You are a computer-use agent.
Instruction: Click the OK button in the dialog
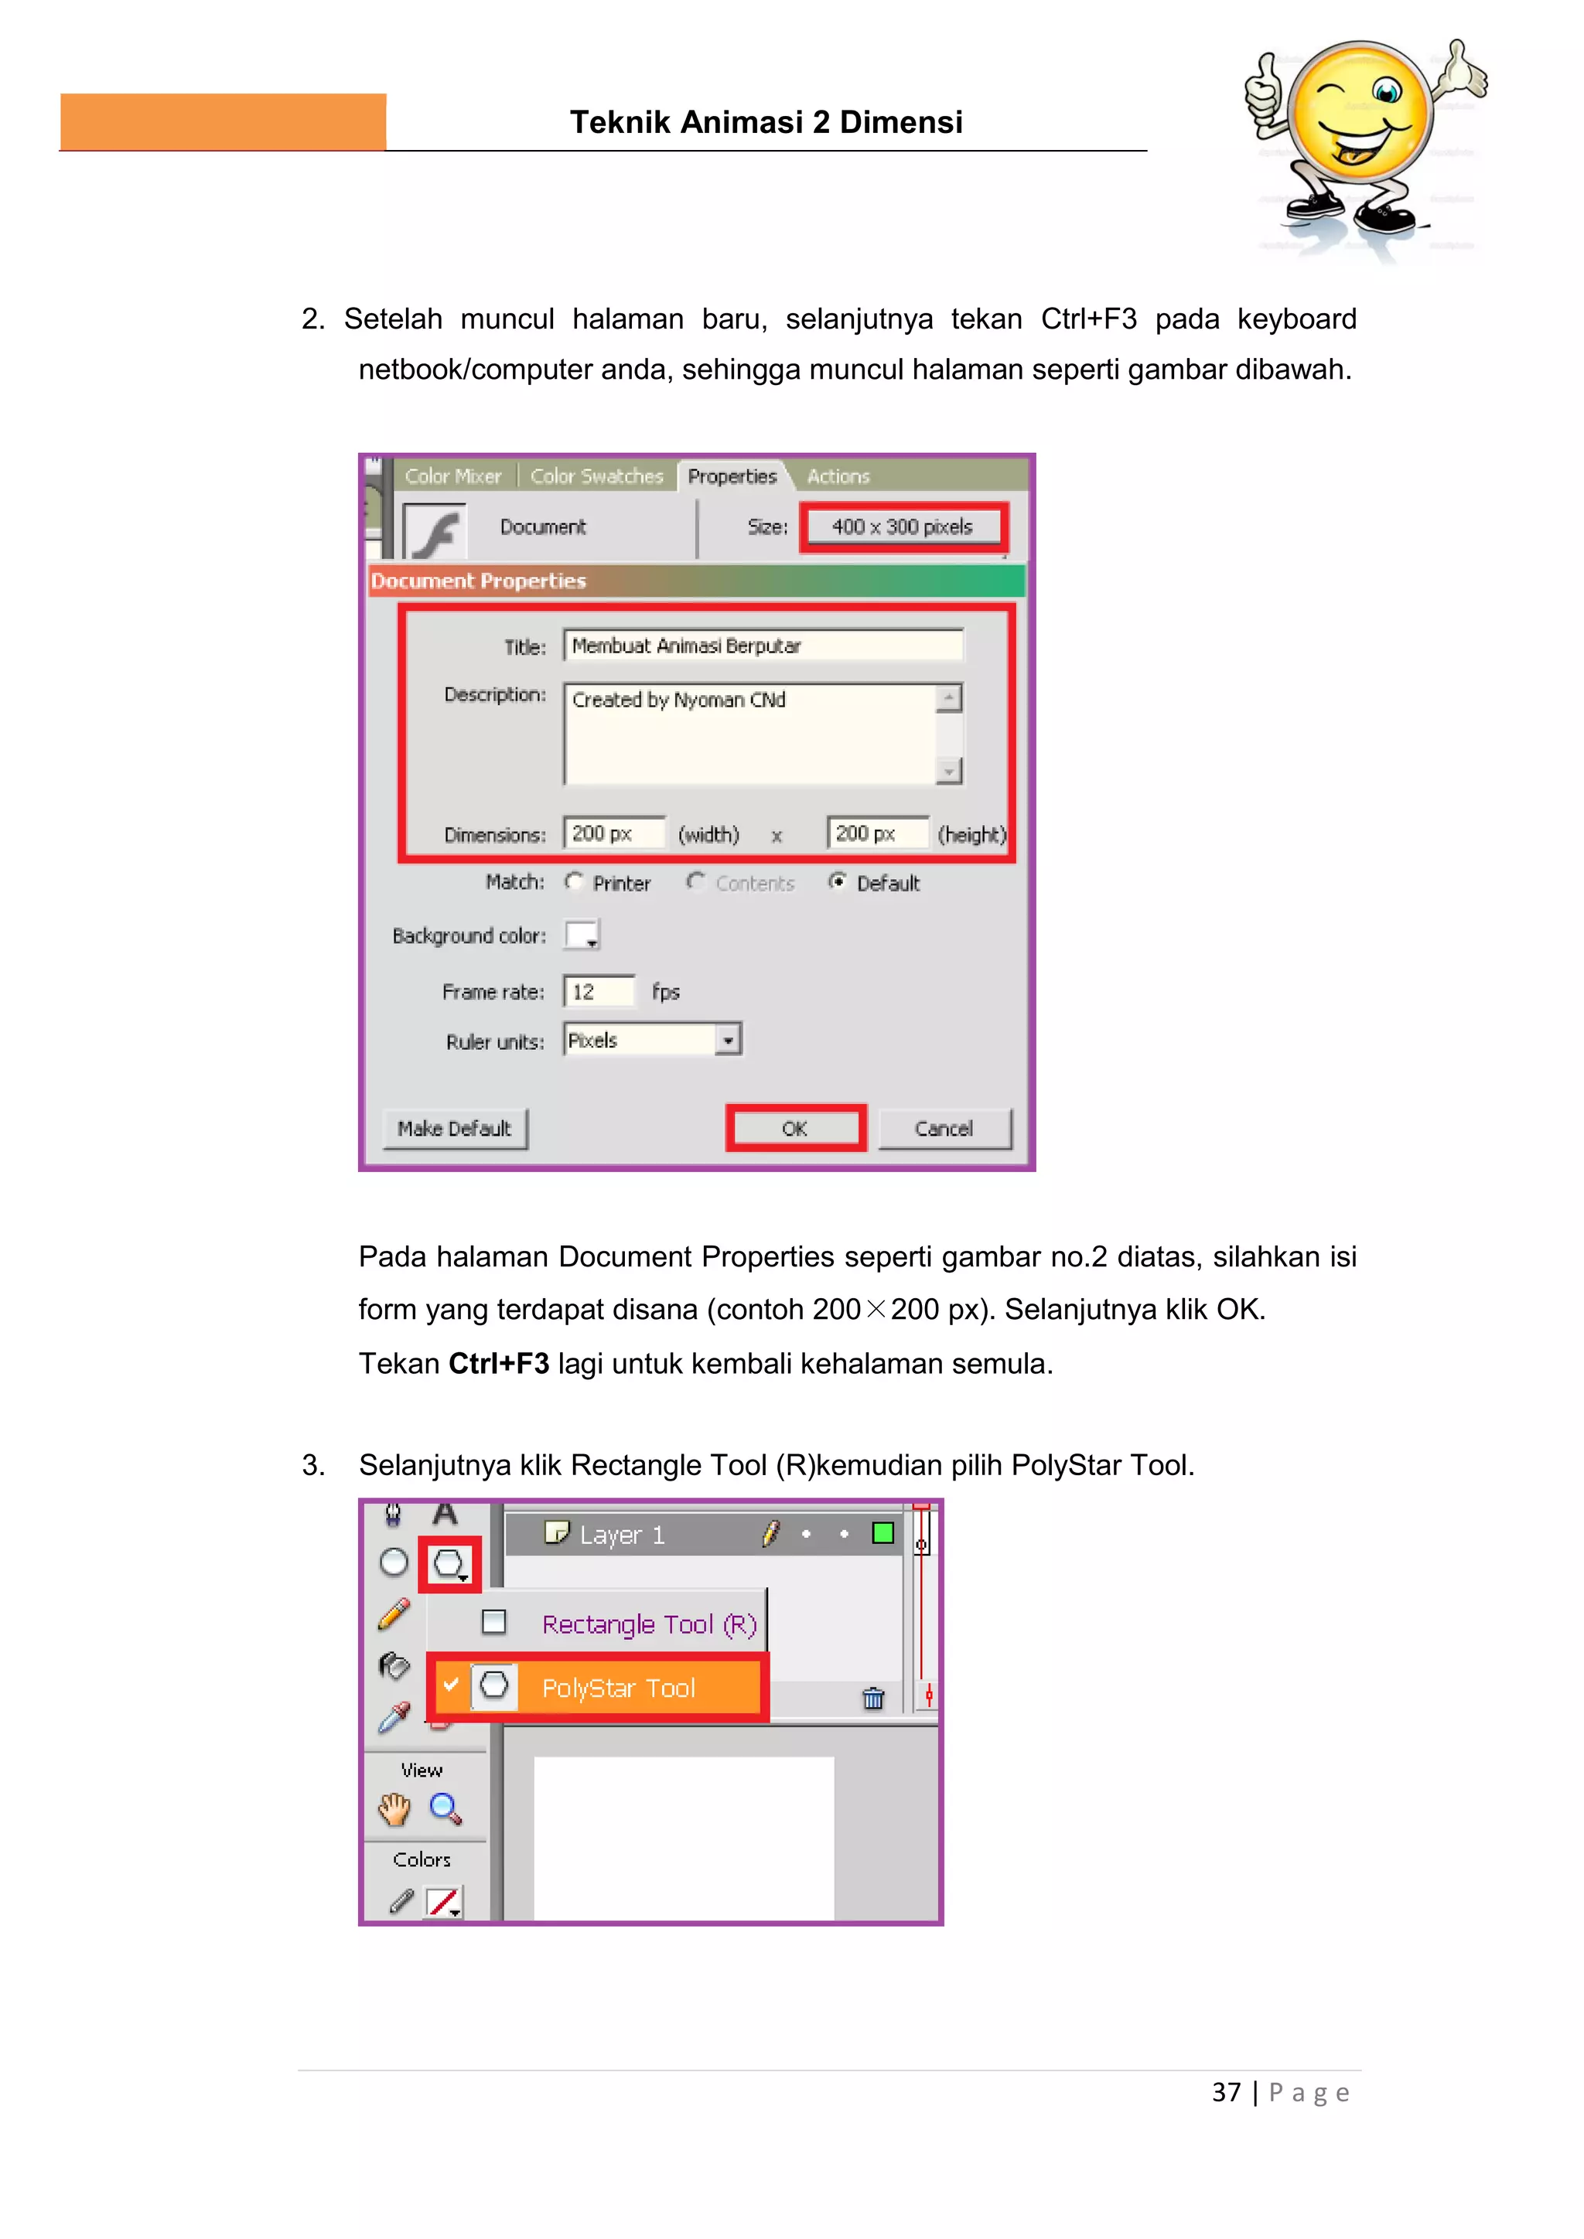[x=795, y=1128]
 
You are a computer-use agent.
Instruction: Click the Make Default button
[x=455, y=1128]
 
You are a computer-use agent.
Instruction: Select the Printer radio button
[x=575, y=881]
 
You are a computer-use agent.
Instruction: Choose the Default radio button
[x=837, y=881]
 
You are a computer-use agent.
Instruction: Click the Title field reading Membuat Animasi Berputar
[x=762, y=646]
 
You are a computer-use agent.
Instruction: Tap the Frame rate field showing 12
[x=598, y=992]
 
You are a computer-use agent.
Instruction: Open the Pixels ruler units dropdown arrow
[x=728, y=1041]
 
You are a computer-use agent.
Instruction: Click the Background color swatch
[x=582, y=935]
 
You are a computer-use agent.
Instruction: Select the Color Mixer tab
[x=452, y=476]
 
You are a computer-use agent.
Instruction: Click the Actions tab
[x=838, y=476]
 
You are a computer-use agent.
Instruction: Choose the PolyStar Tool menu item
[x=619, y=1688]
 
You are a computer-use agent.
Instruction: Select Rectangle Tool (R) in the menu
[x=649, y=1624]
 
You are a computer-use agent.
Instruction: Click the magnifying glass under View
[x=445, y=1809]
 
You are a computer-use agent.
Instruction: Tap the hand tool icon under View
[x=394, y=1809]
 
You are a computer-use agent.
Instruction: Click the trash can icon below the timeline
[x=873, y=1699]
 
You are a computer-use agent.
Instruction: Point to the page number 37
[x=1226, y=2093]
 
